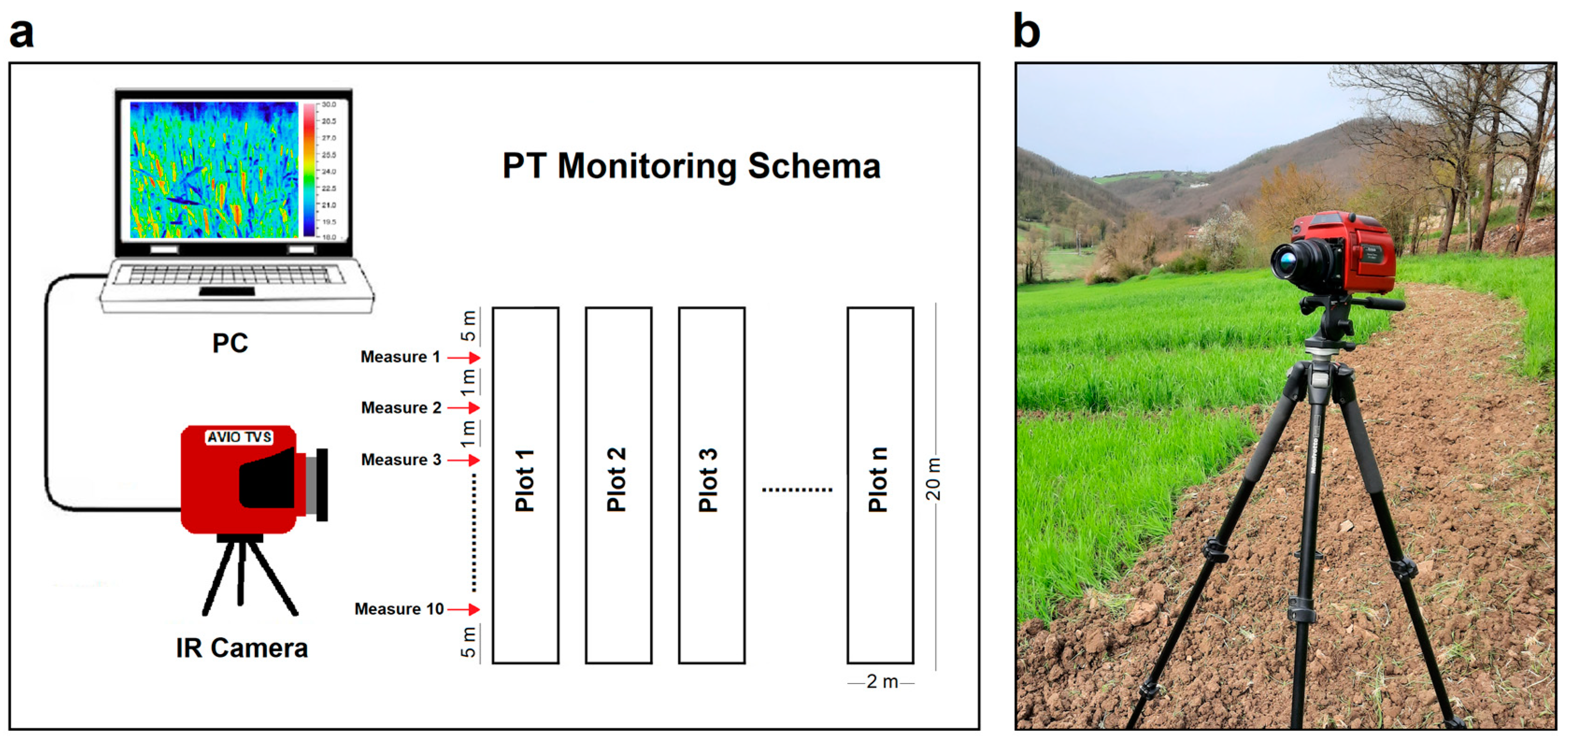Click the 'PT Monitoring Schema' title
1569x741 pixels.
click(x=692, y=166)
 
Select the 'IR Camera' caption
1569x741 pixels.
click(x=242, y=648)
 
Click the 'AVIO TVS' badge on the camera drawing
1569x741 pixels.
click(x=239, y=437)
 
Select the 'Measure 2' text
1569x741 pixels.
click(x=401, y=408)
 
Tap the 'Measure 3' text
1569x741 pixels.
click(x=401, y=460)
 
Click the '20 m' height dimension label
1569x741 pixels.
click(x=934, y=479)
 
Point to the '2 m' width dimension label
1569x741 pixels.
click(x=881, y=682)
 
